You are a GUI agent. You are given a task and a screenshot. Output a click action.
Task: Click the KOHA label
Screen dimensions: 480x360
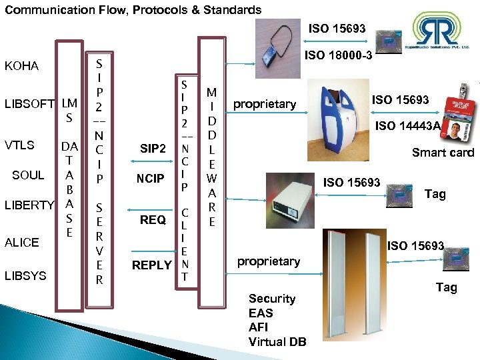[22, 66]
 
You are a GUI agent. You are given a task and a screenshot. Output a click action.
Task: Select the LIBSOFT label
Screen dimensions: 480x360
[29, 104]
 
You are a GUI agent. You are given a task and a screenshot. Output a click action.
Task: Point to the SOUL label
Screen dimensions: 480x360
[29, 175]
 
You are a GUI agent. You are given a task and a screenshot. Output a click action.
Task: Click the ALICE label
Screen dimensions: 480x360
[22, 242]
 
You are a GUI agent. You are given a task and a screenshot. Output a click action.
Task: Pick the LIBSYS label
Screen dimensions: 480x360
[25, 275]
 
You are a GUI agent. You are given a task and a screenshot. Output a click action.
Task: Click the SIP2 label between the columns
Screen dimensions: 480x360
[153, 149]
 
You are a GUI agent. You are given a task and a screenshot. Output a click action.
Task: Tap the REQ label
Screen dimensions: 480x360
[153, 220]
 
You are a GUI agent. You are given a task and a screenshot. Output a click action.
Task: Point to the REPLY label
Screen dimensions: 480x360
[152, 265]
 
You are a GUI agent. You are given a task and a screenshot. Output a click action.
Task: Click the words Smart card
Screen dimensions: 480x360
[443, 153]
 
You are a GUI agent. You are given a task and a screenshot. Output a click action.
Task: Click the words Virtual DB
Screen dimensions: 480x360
[277, 342]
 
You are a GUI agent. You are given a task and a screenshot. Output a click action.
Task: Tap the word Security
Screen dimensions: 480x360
[271, 299]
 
